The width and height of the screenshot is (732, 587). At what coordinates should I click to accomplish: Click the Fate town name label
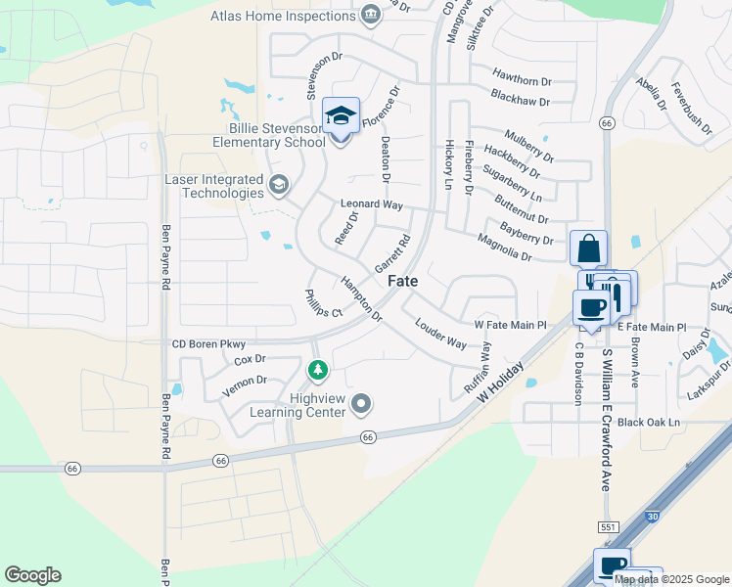point(403,281)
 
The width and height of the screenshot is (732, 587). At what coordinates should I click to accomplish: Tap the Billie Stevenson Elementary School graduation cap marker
point(341,117)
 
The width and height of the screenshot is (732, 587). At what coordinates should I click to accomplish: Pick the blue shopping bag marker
point(588,248)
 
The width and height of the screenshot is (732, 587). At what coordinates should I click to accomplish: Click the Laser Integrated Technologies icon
point(279,184)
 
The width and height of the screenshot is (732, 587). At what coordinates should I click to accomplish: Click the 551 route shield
point(608,527)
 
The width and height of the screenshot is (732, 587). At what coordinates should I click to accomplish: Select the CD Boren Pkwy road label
point(207,343)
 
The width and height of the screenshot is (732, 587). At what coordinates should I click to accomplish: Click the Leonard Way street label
point(372,204)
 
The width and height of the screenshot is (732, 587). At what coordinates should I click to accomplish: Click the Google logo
point(32,575)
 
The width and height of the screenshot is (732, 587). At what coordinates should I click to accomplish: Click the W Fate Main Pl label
point(509,324)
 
